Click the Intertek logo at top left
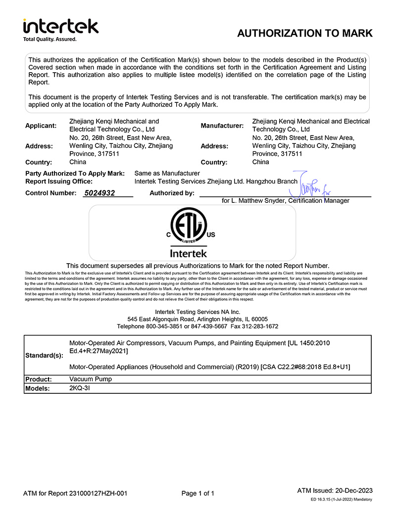coord(60,26)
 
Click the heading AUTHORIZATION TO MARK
coord(304,34)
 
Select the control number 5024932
coord(99,193)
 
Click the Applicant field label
coord(41,126)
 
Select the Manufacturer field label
coord(222,126)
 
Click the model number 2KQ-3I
coord(80,388)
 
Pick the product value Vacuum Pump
coord(91,379)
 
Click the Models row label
coord(38,389)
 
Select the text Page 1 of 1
coord(198,493)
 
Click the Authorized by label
coord(172,193)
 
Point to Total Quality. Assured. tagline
coord(50,39)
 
